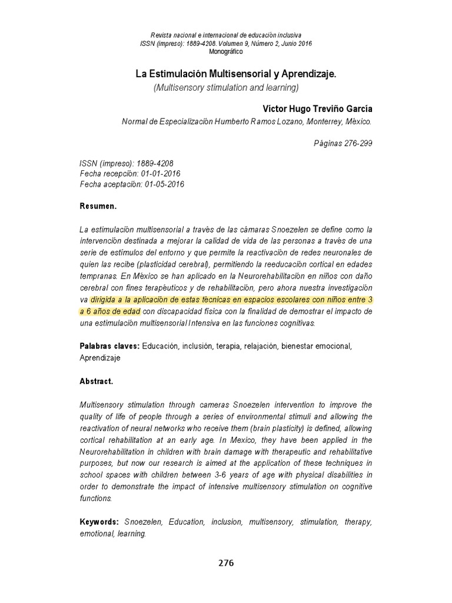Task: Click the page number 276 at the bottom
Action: pos(226,563)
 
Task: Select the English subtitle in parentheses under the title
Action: pos(227,87)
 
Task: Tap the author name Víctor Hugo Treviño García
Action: pos(317,109)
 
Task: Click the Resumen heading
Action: pos(98,207)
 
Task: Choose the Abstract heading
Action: pos(97,381)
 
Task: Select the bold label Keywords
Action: pos(99,522)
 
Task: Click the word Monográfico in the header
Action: pos(226,51)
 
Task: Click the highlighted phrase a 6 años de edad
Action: pos(110,312)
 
